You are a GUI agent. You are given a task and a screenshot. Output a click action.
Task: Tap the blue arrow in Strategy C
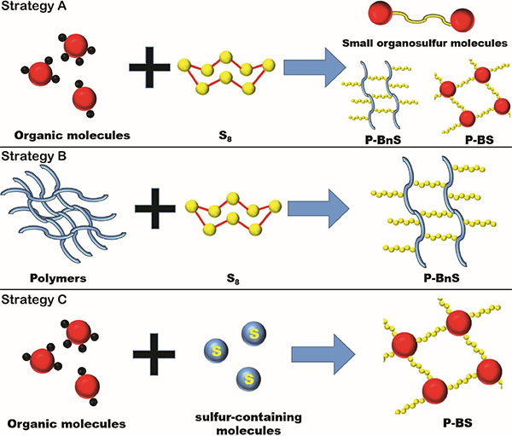(x=325, y=350)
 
